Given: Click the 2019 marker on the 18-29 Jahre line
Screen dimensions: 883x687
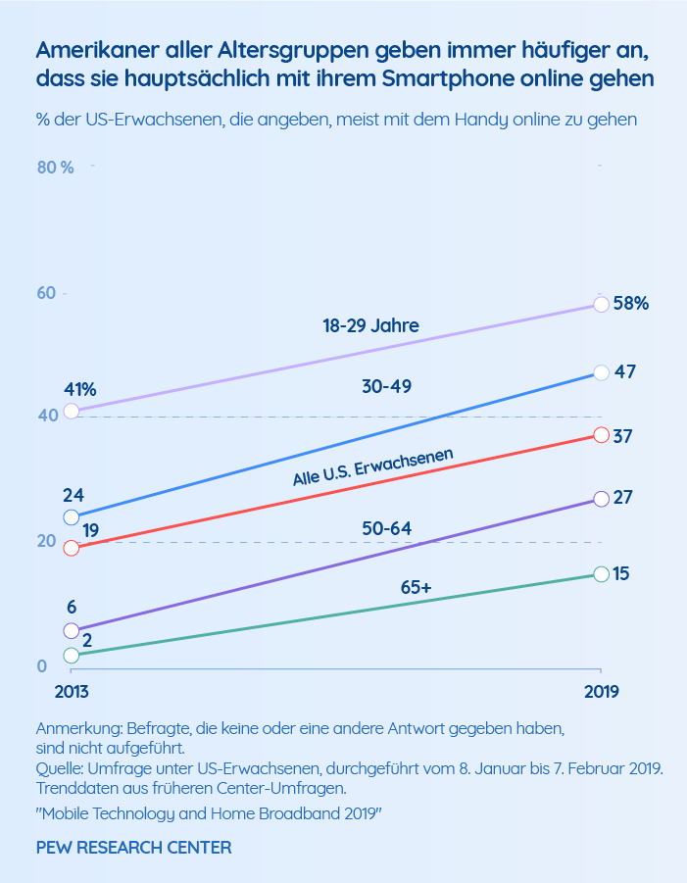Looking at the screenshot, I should (602, 304).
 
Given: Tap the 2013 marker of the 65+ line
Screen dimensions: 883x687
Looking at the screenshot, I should (71, 655).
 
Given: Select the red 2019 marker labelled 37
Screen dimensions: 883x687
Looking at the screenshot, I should (602, 435).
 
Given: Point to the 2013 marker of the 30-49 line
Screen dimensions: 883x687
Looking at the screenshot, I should (71, 516).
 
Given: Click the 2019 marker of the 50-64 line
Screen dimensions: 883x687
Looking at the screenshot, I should (602, 499).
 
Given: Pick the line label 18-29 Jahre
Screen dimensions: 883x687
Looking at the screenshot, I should (370, 326).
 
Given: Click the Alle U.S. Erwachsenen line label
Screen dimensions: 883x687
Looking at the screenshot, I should (372, 466).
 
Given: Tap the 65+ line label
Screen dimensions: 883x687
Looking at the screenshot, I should (417, 587).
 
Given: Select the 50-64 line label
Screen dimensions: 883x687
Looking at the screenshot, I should (386, 528).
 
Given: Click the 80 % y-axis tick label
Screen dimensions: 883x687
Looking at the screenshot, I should (55, 167).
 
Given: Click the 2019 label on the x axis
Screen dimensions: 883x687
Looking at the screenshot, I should (600, 692).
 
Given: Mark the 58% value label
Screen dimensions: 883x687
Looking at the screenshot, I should (630, 303).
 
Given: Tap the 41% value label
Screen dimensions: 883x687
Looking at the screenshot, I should (80, 389).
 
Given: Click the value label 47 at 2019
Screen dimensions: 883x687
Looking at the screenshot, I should (623, 372).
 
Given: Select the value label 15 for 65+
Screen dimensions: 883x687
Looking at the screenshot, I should (621, 573).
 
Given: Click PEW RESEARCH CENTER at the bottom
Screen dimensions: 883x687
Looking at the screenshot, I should (133, 847).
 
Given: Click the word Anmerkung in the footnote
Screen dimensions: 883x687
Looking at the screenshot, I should (74, 729).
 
